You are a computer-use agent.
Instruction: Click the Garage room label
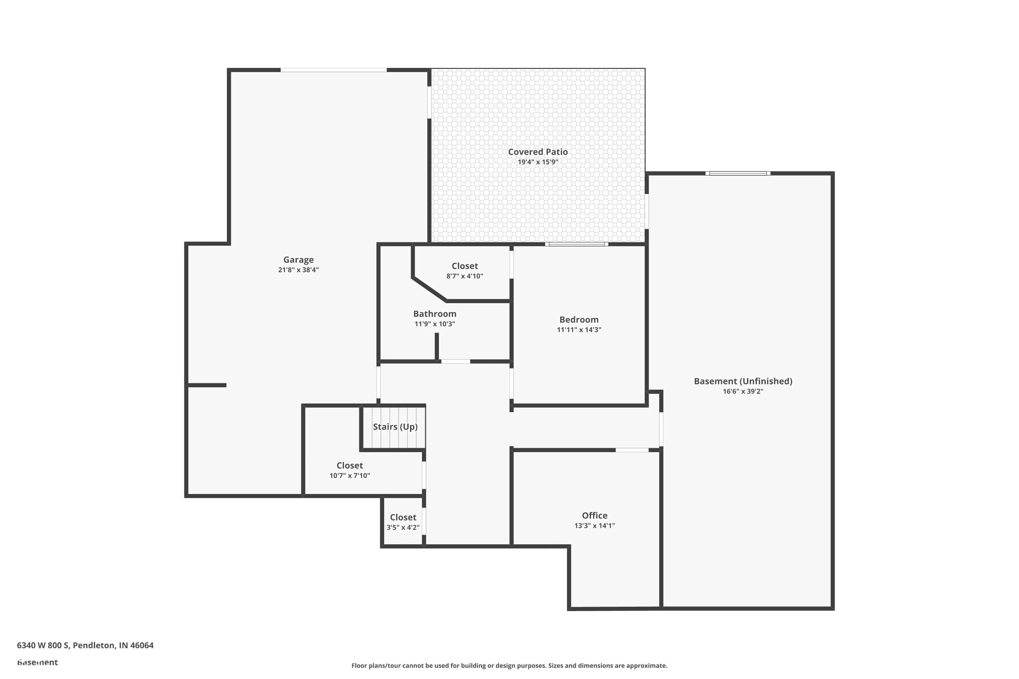299,260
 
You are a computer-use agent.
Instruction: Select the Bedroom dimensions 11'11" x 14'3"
579,330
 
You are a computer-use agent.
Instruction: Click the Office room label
594,516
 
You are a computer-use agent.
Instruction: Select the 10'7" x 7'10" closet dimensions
350,476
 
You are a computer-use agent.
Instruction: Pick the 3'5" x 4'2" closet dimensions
403,528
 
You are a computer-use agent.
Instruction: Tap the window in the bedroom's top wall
576,244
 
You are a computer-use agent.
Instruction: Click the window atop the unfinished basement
738,173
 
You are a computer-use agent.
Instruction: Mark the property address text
85,646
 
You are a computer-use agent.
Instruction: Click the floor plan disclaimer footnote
509,665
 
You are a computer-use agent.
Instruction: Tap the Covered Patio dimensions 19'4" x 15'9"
538,162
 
